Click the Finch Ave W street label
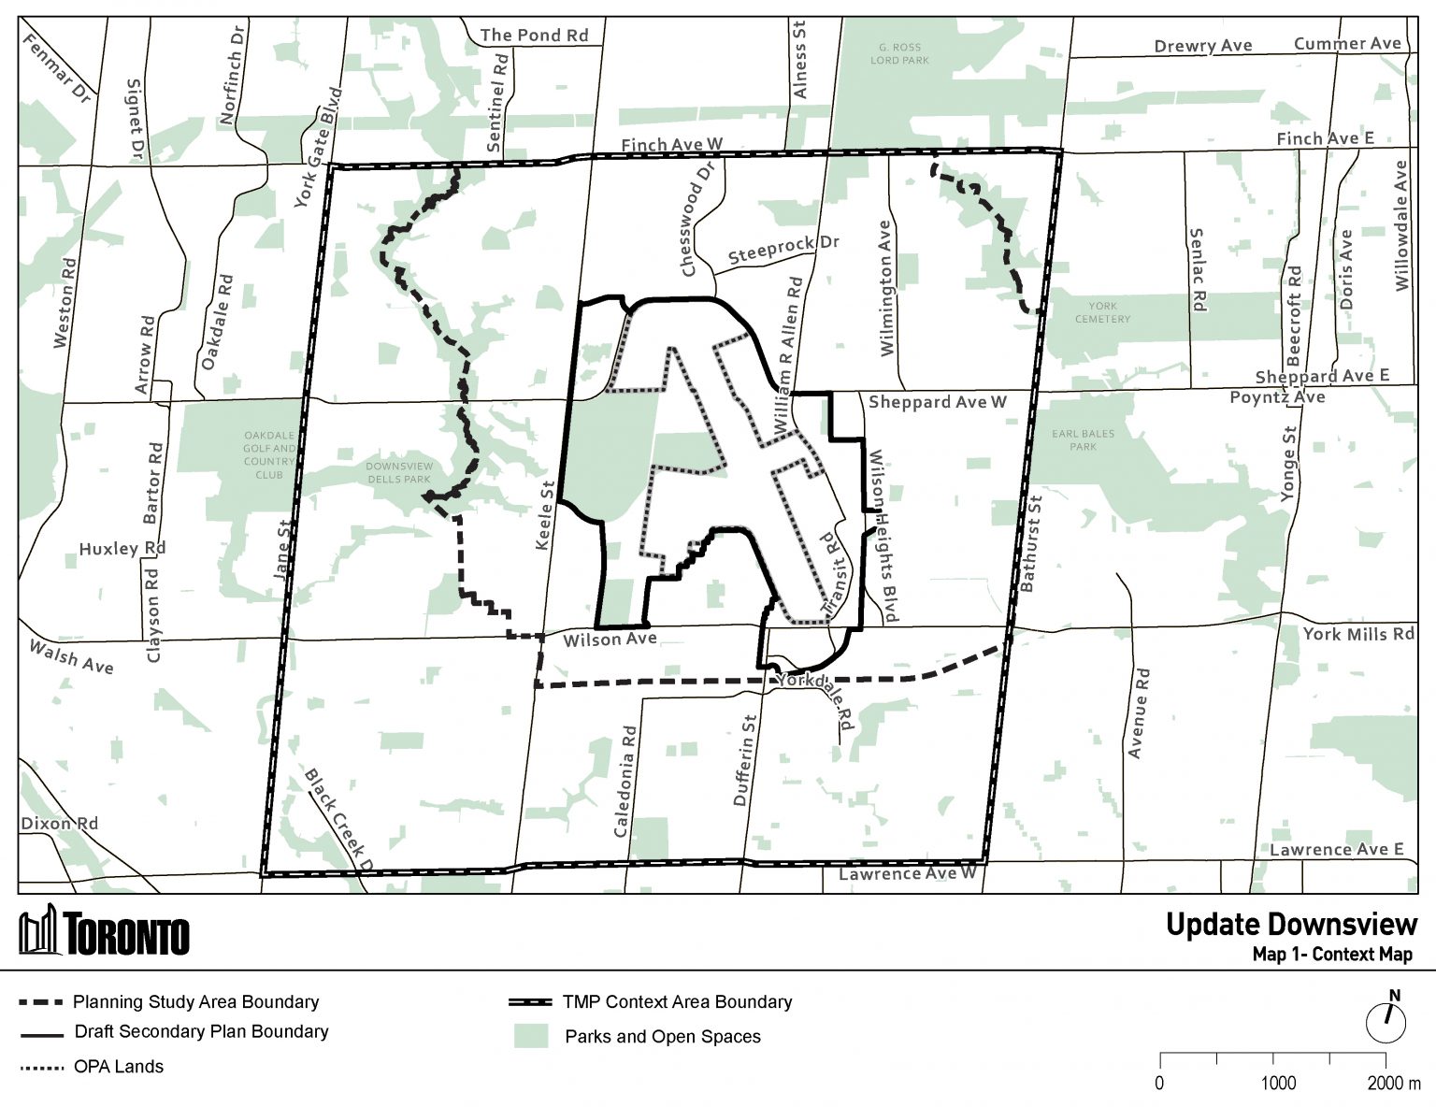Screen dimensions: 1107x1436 coord(672,144)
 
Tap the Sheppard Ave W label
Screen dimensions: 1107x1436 coord(937,402)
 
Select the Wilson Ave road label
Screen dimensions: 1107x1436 coord(610,640)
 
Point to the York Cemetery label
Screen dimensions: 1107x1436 coord(1102,312)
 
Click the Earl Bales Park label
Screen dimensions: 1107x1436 coord(1083,440)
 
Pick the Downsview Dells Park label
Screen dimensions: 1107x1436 coord(399,472)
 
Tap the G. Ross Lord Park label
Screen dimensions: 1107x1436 coord(898,53)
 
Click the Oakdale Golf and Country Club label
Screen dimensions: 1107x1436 coord(269,454)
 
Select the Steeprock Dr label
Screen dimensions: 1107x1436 coord(783,250)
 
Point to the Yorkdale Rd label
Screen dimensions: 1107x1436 coord(817,698)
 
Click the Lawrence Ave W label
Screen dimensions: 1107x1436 coord(907,873)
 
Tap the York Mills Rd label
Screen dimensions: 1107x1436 coord(1357,634)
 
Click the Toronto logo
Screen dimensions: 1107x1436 coord(105,932)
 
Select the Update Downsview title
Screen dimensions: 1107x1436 coord(1291,925)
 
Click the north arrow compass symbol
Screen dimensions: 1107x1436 coord(1386,1019)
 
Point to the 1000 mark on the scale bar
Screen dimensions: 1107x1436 coord(1277,1083)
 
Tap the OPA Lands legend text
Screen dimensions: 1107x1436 coord(119,1067)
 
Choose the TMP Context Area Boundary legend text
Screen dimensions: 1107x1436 coord(677,1002)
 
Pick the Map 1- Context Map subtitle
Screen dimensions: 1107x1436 coord(1332,955)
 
